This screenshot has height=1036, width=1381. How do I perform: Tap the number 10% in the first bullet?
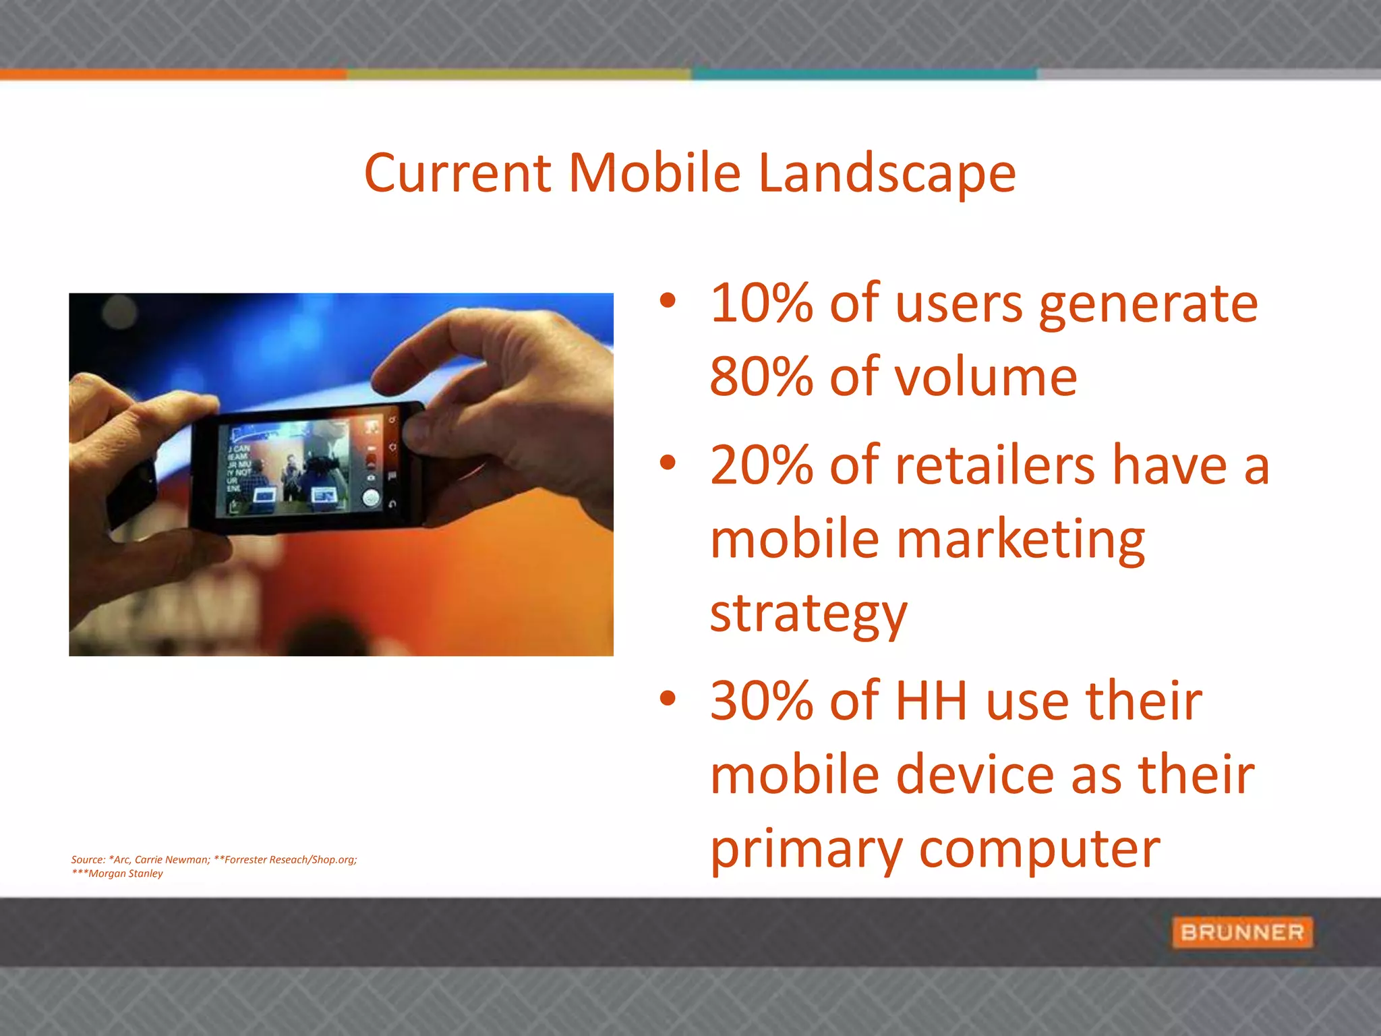[x=761, y=304]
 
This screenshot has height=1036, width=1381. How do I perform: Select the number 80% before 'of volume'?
[x=761, y=376]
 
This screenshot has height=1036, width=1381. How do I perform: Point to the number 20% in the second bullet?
[x=761, y=465]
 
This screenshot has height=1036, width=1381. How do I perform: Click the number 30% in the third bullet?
[x=761, y=701]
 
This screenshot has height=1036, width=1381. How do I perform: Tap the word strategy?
[x=809, y=614]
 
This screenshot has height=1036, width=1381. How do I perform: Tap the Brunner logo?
[x=1242, y=932]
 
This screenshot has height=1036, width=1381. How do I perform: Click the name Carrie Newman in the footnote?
[x=172, y=859]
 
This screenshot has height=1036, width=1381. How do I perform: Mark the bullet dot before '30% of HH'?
[x=668, y=699]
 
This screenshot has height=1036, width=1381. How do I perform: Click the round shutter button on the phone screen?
[x=371, y=498]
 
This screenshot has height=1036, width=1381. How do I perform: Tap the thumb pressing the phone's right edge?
[x=432, y=438]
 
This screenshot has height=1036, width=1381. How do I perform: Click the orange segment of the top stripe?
[x=173, y=74]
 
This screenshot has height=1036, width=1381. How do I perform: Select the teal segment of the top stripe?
[x=863, y=74]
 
